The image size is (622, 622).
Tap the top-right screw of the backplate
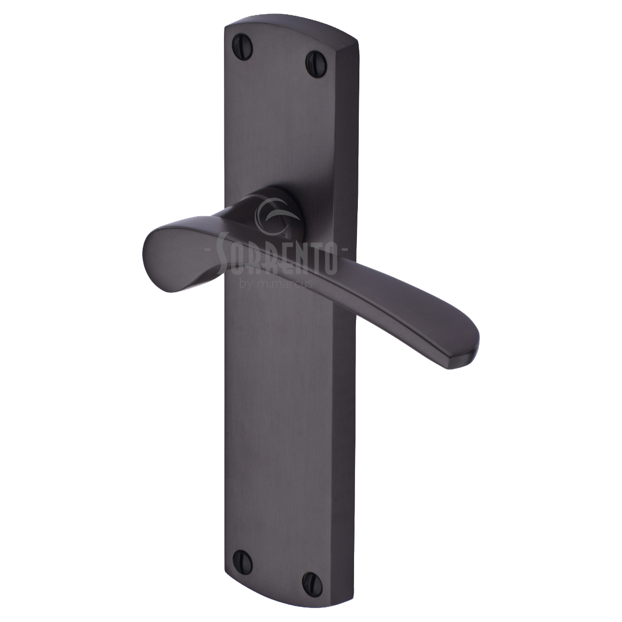pos(312,58)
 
